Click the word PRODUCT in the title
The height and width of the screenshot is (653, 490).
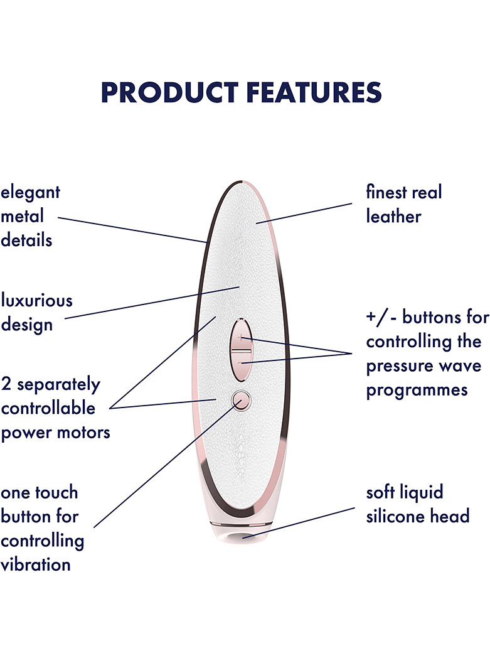click(x=169, y=92)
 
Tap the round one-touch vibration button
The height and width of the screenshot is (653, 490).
click(x=242, y=400)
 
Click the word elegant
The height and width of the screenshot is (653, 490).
click(x=30, y=193)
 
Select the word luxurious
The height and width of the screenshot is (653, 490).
click(x=36, y=301)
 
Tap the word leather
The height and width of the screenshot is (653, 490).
click(x=393, y=216)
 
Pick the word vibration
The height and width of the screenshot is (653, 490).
click(x=36, y=564)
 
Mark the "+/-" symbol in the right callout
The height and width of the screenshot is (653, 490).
click(x=381, y=318)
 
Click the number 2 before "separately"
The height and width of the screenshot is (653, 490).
click(x=6, y=384)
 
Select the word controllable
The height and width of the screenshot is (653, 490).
click(x=48, y=407)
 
